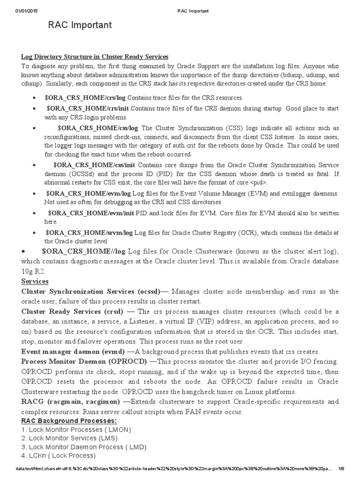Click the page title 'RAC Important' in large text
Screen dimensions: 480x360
[80, 25]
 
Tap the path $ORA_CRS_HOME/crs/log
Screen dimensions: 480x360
[85, 98]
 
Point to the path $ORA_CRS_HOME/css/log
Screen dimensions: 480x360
[98, 128]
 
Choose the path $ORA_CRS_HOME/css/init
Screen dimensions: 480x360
[94, 165]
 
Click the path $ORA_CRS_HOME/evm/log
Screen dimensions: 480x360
[88, 194]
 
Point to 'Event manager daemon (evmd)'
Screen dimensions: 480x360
[73, 352]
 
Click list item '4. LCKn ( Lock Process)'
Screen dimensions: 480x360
[59, 455]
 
